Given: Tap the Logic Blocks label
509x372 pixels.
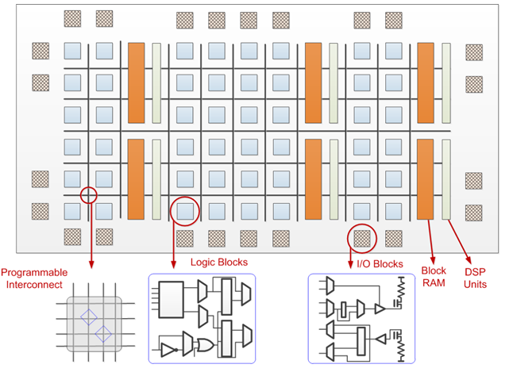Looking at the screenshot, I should [x=219, y=262].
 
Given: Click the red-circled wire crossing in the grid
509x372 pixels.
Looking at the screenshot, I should [x=89, y=194].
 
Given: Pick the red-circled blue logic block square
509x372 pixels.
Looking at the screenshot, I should [x=186, y=211].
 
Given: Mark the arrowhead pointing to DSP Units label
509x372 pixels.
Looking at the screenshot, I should [x=469, y=255].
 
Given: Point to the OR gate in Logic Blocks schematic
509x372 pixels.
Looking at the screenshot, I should [x=206, y=345].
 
